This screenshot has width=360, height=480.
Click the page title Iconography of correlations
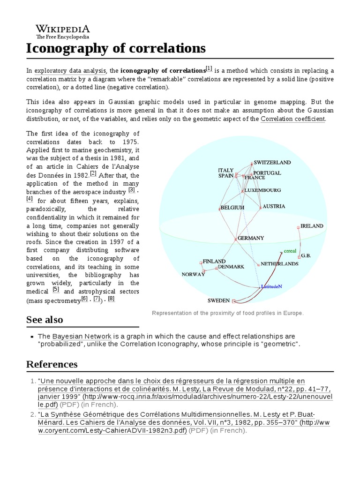tap(116, 48)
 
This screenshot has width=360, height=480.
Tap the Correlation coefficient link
tap(292, 119)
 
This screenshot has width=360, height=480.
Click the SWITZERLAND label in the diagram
tap(272, 162)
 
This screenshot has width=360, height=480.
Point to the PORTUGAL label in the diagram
tap(267, 172)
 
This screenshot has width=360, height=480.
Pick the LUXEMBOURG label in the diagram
tap(262, 190)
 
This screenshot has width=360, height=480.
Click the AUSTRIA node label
tap(274, 206)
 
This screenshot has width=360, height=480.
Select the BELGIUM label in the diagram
tap(232, 207)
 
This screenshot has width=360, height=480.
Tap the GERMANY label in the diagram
tap(251, 238)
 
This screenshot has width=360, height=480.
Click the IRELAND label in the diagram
tap(312, 226)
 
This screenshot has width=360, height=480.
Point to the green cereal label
tap(290, 251)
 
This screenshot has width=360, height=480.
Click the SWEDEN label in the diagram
tap(218, 300)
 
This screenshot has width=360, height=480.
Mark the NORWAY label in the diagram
tap(193, 275)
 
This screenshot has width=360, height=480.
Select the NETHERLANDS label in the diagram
tap(279, 264)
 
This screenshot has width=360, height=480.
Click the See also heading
tap(45, 320)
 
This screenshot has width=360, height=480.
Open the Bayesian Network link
tap(82, 337)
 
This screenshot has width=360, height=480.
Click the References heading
tap(52, 364)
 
